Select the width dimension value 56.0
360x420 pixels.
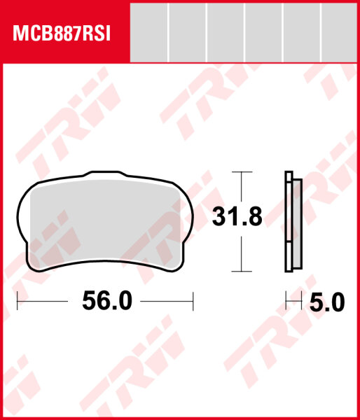tap(106, 301)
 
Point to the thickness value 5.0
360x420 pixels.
tap(327, 302)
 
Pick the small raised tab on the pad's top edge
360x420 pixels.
tap(104, 172)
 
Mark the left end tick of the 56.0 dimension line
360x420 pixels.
tap(18, 302)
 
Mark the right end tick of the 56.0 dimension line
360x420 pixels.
tap(193, 302)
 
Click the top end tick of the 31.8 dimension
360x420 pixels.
tap(241, 171)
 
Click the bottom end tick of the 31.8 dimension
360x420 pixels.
tap(241, 271)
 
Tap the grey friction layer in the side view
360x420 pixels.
tap(296, 224)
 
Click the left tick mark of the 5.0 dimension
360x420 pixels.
tap(286, 302)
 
